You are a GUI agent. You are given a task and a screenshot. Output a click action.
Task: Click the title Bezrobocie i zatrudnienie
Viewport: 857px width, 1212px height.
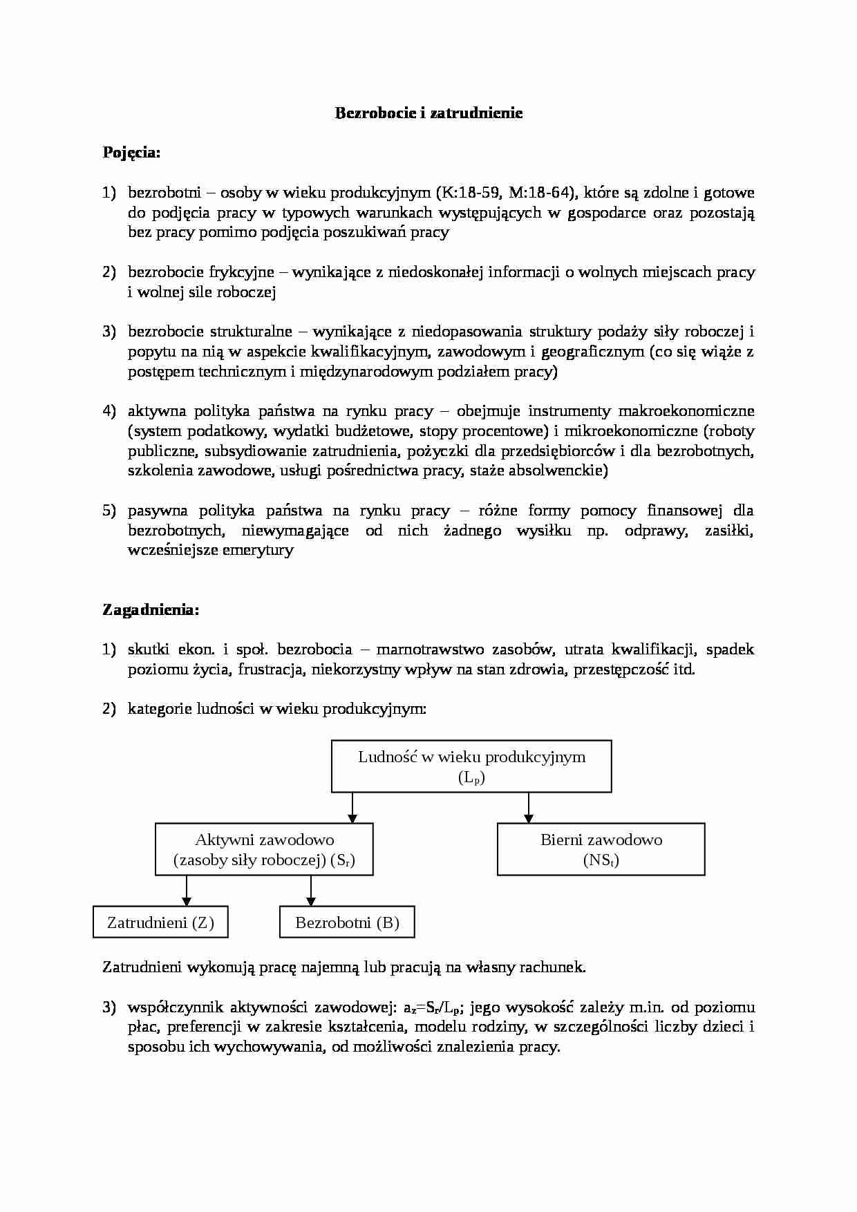tap(428, 113)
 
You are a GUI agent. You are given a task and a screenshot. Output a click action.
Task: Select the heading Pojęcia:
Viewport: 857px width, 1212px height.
tap(131, 153)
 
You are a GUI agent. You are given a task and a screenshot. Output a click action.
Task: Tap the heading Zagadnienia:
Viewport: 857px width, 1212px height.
tap(151, 610)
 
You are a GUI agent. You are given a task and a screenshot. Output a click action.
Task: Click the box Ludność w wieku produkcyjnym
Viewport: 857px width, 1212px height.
tap(471, 766)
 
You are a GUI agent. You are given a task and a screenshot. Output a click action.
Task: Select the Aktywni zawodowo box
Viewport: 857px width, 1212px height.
tap(264, 849)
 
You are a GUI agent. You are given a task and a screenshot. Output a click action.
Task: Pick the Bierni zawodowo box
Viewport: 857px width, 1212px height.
tap(601, 849)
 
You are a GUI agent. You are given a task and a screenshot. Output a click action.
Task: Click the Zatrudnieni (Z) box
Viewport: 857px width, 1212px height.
tap(160, 922)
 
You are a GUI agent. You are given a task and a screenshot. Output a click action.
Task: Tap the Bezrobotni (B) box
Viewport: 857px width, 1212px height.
tap(347, 922)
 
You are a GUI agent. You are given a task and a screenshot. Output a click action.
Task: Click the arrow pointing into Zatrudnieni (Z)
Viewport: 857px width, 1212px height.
tap(186, 891)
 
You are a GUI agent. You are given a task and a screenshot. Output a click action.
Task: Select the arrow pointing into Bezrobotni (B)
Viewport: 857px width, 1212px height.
tap(311, 891)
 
